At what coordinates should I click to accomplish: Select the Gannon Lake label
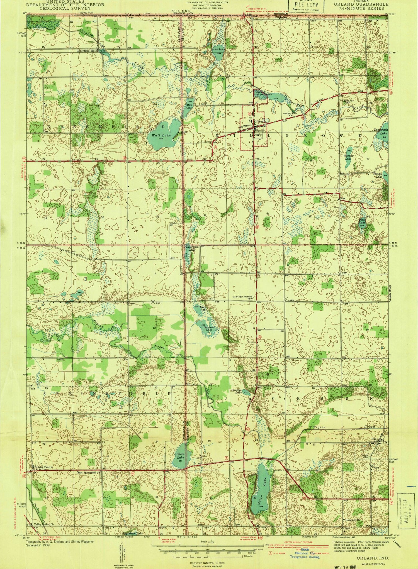236,391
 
